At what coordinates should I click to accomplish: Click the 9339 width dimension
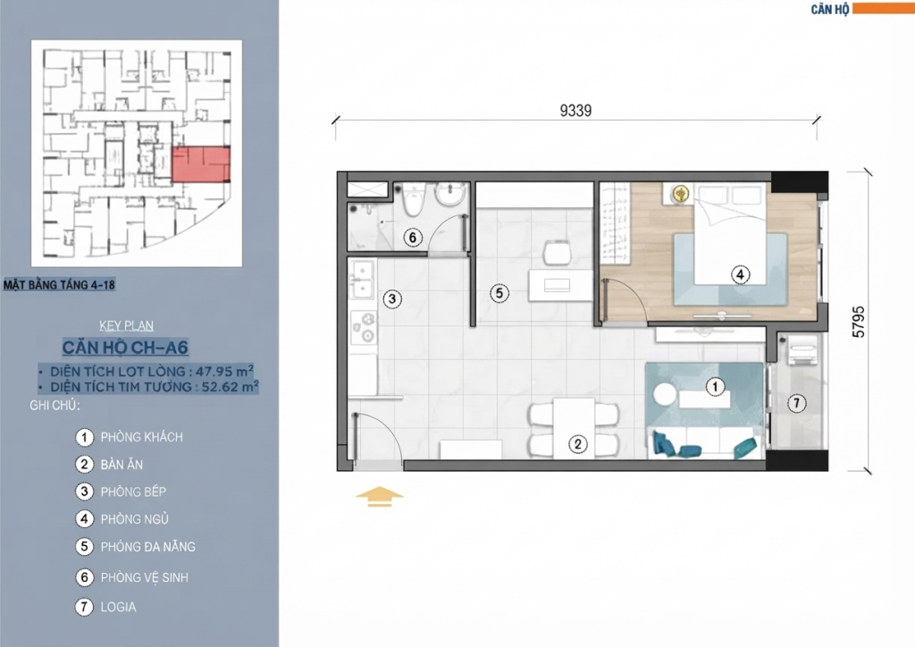(x=575, y=111)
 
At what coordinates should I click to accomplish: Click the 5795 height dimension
(x=859, y=322)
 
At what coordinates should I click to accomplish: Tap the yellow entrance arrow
(x=379, y=496)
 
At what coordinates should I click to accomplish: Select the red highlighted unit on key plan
(x=201, y=164)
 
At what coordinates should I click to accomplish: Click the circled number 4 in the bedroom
(x=740, y=274)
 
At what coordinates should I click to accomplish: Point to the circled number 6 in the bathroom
(x=413, y=238)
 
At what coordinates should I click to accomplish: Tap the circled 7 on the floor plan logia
(x=796, y=402)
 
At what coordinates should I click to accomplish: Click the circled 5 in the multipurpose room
(x=499, y=293)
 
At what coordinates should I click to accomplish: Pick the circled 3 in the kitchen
(x=392, y=299)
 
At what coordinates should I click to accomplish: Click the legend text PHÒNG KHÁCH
(x=142, y=437)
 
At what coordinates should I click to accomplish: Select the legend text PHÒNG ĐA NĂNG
(x=148, y=547)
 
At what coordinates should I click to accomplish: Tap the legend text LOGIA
(x=119, y=607)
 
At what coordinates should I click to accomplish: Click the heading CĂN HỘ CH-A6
(x=125, y=348)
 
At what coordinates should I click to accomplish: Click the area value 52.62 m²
(x=231, y=386)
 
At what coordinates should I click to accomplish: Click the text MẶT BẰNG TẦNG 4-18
(x=60, y=285)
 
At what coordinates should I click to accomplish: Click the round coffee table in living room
(x=665, y=394)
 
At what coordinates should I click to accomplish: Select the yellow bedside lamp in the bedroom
(x=679, y=192)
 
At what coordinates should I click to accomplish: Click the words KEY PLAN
(x=127, y=325)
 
